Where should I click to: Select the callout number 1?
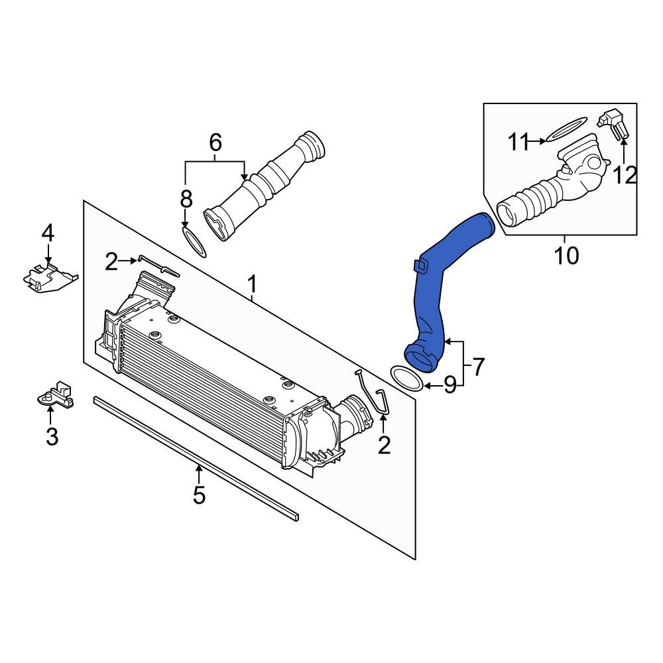pyautogui.click(x=252, y=285)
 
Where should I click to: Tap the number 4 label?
pyautogui.click(x=48, y=233)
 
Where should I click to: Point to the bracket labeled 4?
pyautogui.click(x=48, y=276)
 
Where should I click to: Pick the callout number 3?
pyautogui.click(x=52, y=436)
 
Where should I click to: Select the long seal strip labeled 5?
pyautogui.click(x=196, y=457)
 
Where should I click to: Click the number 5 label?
pyautogui.click(x=199, y=495)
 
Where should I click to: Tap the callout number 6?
pyautogui.click(x=215, y=142)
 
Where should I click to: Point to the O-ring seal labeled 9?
pyautogui.click(x=406, y=378)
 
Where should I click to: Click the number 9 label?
pyautogui.click(x=450, y=385)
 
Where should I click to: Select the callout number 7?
pyautogui.click(x=479, y=365)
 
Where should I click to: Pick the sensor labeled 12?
pyautogui.click(x=613, y=126)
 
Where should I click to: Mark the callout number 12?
pyautogui.click(x=624, y=175)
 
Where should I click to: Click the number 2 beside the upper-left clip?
pyautogui.click(x=111, y=263)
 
